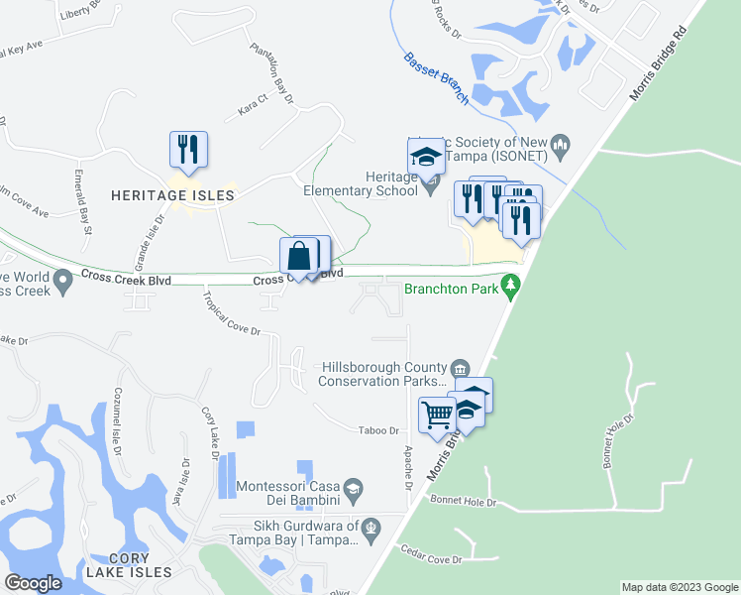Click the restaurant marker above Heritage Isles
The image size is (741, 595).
(x=188, y=150)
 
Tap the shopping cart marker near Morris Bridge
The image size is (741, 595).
(x=437, y=415)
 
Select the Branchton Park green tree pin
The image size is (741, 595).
(x=511, y=288)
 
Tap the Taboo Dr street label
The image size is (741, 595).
(x=378, y=430)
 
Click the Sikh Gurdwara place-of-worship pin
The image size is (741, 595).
(x=370, y=526)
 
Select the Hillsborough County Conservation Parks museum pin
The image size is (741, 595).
(x=460, y=369)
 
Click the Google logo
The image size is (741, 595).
(x=34, y=583)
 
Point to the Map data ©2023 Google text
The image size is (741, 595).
(x=680, y=587)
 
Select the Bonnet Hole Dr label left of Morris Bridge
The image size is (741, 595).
(x=463, y=504)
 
